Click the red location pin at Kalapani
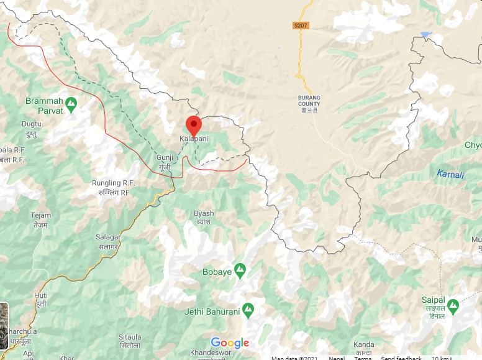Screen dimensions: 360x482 pyautogui.click(x=193, y=125)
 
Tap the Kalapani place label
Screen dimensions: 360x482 pyautogui.click(x=193, y=139)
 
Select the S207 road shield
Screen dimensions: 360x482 pyautogui.click(x=301, y=25)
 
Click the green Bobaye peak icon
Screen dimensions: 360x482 pyautogui.click(x=240, y=270)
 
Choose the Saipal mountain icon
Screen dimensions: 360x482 pyautogui.click(x=453, y=305)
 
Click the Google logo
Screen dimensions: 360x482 pyautogui.click(x=230, y=343)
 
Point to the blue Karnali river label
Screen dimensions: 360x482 pyautogui.click(x=450, y=174)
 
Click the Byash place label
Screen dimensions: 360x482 pyautogui.click(x=203, y=217)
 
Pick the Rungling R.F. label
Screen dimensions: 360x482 pyautogui.click(x=114, y=187)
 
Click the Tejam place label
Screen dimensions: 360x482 pyautogui.click(x=41, y=219)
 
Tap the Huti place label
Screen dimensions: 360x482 pyautogui.click(x=41, y=300)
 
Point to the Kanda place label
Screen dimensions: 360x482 pyautogui.click(x=363, y=348)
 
